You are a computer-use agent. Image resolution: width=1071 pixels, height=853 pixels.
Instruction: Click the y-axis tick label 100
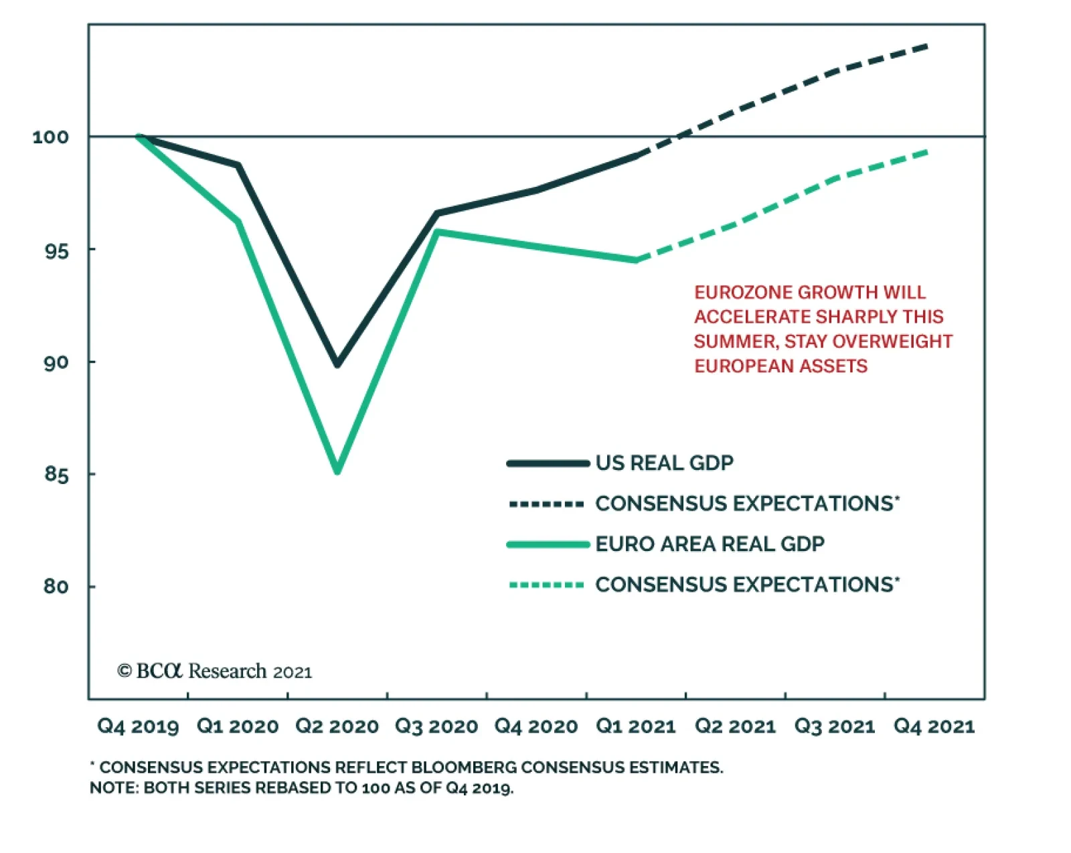(50, 137)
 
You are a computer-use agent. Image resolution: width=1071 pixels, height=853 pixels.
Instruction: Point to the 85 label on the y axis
(56, 475)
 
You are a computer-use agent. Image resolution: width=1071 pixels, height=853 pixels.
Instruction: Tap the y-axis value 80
(56, 587)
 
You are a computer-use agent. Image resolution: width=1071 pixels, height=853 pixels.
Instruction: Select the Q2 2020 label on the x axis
(337, 726)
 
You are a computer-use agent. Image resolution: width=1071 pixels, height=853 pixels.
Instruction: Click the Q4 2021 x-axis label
(934, 726)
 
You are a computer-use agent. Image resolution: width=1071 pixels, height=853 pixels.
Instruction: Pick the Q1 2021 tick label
(635, 726)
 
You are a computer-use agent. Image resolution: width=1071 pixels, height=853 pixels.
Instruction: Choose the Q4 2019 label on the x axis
(138, 726)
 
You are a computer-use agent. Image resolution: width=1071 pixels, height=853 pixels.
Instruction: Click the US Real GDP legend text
(664, 463)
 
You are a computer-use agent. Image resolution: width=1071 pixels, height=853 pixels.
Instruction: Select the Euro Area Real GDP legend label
(710, 544)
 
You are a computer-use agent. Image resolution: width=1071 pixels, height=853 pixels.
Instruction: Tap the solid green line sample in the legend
(548, 545)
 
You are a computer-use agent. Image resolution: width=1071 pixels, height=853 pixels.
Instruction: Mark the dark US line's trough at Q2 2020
(337, 365)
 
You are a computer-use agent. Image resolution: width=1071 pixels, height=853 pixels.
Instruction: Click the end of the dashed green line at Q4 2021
(928, 152)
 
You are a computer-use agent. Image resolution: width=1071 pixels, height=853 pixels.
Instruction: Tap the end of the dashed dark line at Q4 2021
(928, 46)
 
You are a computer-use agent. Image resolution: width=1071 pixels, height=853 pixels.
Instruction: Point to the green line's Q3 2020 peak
(437, 232)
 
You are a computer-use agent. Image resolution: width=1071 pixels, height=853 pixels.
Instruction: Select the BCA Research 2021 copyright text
(214, 671)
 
